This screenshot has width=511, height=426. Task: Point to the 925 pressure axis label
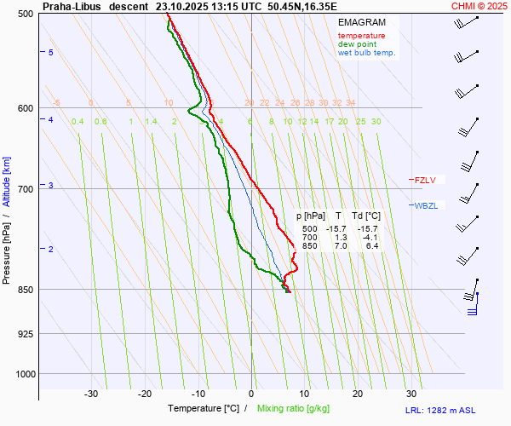26,333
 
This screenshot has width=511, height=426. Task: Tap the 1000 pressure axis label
24,374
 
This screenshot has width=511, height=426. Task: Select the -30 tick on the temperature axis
92,394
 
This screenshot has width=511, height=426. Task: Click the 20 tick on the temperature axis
358,394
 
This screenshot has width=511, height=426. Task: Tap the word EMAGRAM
361,22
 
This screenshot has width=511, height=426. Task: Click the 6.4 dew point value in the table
371,246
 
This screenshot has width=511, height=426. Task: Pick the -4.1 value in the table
370,238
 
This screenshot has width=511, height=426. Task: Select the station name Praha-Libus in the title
72,6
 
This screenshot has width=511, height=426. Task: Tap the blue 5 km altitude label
51,53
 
